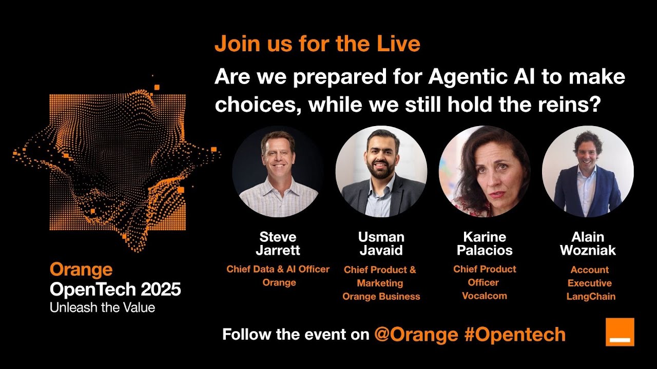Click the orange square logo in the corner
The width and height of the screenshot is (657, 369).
click(x=620, y=332)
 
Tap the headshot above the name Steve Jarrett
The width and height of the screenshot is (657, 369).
click(x=278, y=171)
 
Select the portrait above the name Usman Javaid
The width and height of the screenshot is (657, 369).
click(x=381, y=171)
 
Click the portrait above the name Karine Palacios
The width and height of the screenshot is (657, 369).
click(x=484, y=171)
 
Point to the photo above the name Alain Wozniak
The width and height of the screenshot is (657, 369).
click(x=588, y=171)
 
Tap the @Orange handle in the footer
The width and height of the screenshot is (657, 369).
click(x=416, y=335)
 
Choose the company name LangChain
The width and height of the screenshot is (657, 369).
click(x=591, y=296)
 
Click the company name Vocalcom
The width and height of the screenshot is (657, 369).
click(x=484, y=296)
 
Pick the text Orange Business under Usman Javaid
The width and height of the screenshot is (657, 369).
click(x=381, y=296)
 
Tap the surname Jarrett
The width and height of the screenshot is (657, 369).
click(x=278, y=251)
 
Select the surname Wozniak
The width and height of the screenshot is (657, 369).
click(x=588, y=251)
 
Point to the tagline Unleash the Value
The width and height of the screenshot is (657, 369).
click(x=102, y=307)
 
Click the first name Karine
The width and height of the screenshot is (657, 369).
click(x=485, y=237)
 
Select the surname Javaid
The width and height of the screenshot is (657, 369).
click(x=381, y=251)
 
